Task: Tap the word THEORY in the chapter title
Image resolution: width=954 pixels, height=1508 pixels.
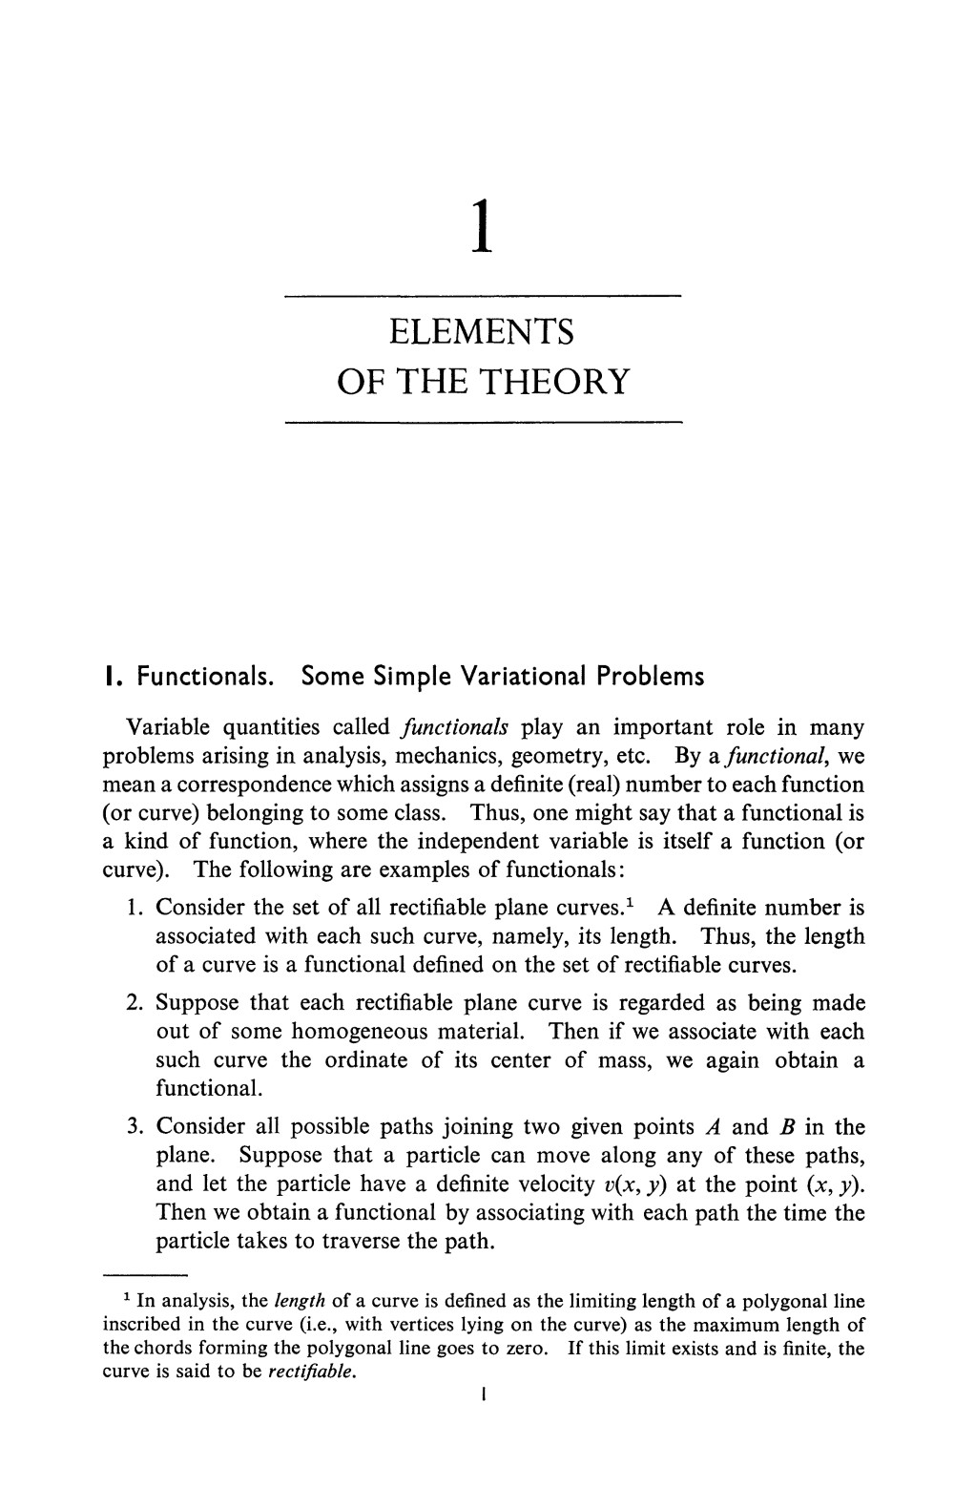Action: [x=555, y=381]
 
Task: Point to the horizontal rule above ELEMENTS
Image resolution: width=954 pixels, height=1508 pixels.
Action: [x=483, y=297]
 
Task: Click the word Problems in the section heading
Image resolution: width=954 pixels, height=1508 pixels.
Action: [x=650, y=677]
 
